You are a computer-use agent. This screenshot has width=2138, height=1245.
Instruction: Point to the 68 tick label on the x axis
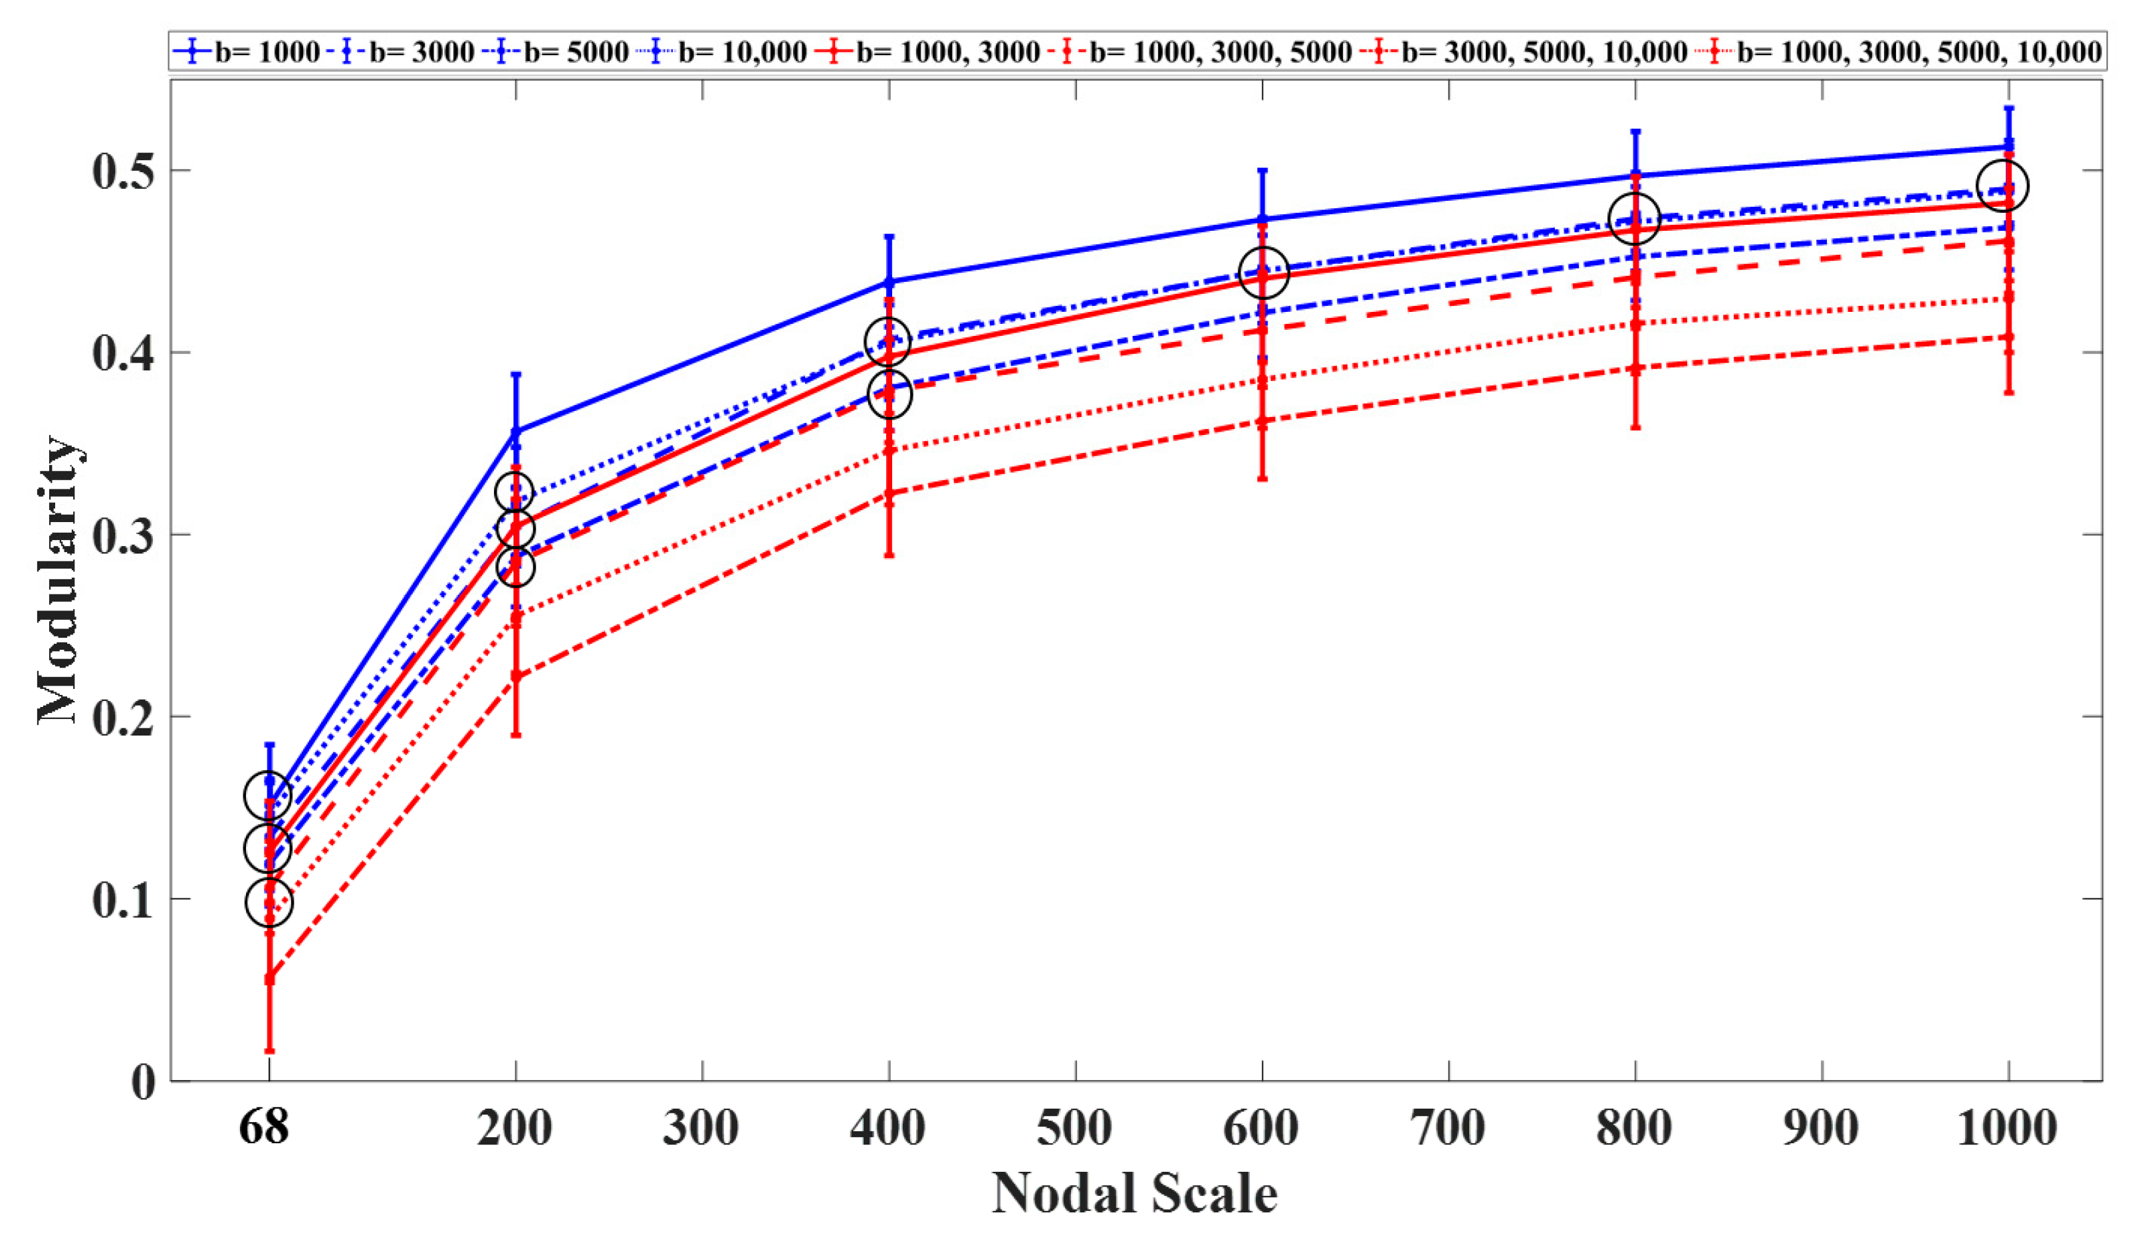click(264, 1128)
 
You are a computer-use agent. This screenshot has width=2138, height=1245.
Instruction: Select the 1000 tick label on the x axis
click(2007, 1128)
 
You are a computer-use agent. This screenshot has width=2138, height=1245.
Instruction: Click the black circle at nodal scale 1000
click(2002, 185)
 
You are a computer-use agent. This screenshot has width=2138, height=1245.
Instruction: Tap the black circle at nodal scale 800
click(1634, 218)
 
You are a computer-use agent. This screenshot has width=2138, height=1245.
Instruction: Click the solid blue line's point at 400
click(889, 281)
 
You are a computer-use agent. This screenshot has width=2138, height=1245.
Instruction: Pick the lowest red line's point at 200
click(516, 676)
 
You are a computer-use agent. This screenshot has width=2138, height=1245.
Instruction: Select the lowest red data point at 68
click(269, 978)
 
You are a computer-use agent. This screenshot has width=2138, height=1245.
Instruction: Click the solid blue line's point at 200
click(516, 431)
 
